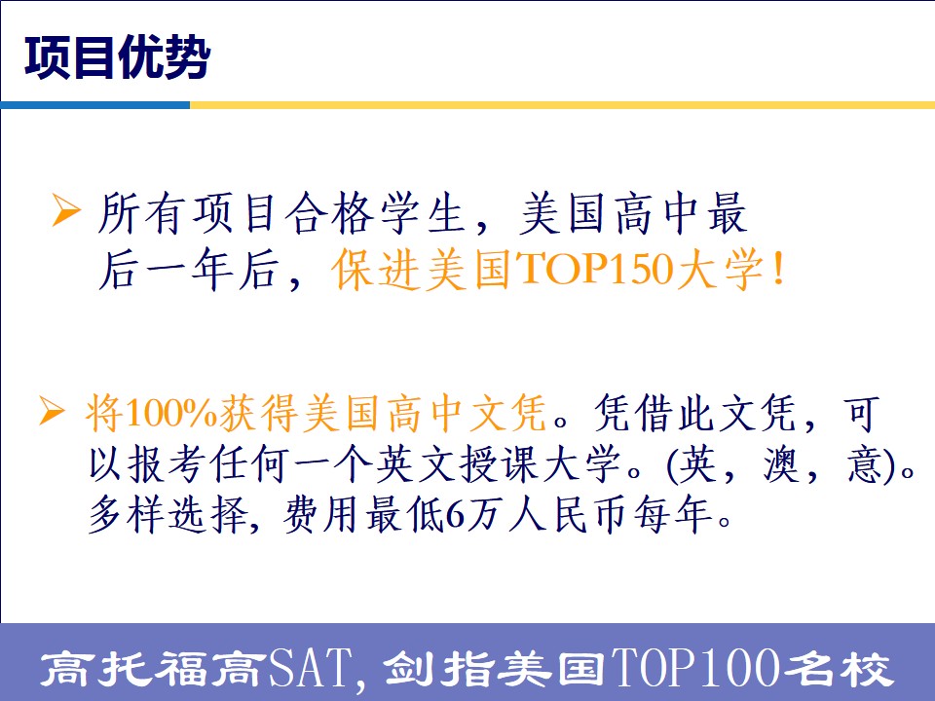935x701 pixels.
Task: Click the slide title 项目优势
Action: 117,57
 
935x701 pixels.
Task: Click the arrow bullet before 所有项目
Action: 65,210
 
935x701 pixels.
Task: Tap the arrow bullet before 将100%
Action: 52,411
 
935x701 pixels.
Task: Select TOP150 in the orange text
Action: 596,270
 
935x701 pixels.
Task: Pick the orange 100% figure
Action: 171,413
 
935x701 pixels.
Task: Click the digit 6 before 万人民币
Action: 456,515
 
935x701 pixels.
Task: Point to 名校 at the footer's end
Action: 837,668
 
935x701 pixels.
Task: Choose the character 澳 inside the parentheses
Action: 781,463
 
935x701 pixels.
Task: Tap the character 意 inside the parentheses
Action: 865,463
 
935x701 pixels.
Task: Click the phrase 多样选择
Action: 168,515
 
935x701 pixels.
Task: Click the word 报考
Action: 150,463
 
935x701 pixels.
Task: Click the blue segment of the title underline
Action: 95,105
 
